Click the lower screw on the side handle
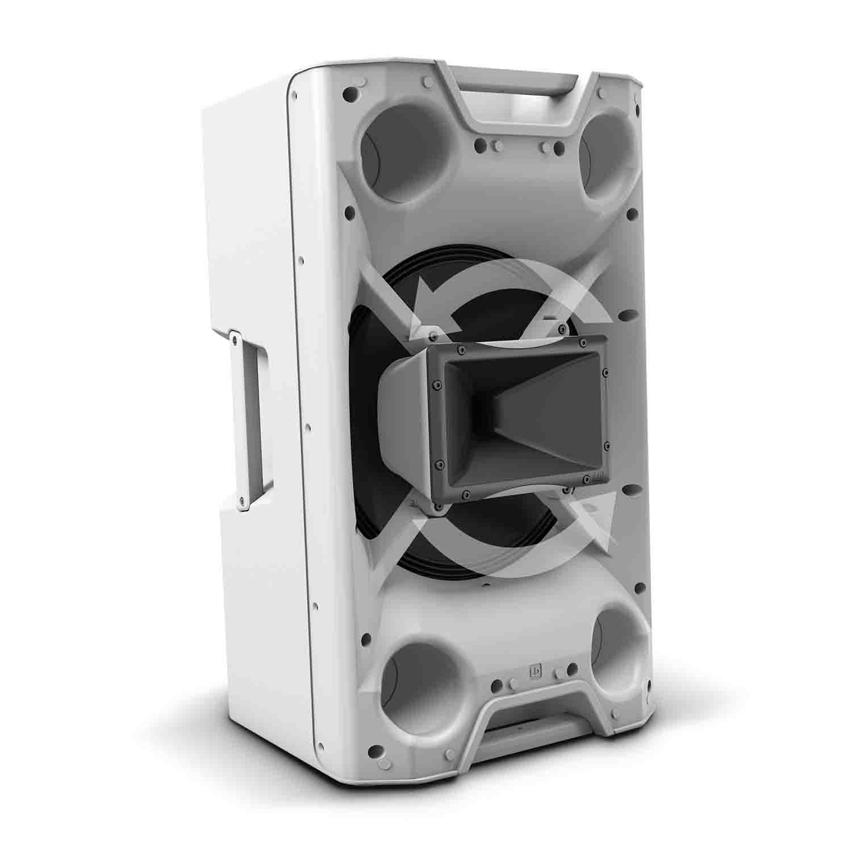tap(243, 500)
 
